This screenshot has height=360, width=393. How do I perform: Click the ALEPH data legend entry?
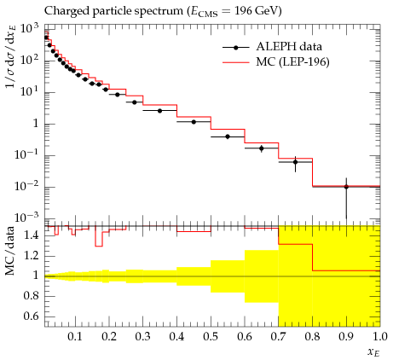click(x=272, y=47)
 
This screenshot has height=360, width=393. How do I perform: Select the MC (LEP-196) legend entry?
click(x=276, y=61)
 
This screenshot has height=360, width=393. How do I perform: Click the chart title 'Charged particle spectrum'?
click(x=113, y=11)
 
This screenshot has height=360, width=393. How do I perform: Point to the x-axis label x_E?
click(x=373, y=352)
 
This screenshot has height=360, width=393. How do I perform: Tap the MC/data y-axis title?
click(x=10, y=251)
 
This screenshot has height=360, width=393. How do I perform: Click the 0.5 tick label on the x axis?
click(x=211, y=337)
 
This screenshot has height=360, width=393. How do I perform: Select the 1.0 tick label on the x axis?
click(x=379, y=337)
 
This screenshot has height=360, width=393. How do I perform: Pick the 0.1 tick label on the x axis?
click(x=75, y=337)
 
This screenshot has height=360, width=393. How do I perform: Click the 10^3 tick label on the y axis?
click(x=29, y=29)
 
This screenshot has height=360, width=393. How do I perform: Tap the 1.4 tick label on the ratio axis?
click(x=32, y=235)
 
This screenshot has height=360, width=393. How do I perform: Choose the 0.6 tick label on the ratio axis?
click(x=32, y=316)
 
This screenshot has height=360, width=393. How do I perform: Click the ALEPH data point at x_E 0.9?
click(x=346, y=187)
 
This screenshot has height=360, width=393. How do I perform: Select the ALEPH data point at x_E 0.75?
click(x=295, y=162)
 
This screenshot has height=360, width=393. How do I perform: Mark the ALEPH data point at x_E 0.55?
click(x=228, y=136)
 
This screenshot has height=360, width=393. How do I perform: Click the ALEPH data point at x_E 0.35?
click(x=159, y=111)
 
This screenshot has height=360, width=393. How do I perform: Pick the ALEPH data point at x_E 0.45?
click(x=194, y=122)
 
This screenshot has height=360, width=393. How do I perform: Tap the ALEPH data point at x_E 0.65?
click(x=262, y=148)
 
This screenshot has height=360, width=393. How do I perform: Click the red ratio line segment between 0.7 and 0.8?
click(x=296, y=244)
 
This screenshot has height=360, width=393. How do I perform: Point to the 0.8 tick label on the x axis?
click(x=312, y=337)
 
